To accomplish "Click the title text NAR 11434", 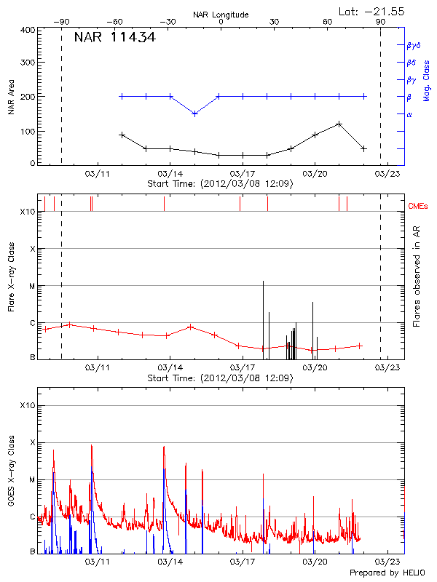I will click(114, 37).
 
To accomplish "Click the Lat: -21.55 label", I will click(372, 11).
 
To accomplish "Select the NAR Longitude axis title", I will click(221, 15).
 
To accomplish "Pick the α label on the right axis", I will click(409, 114).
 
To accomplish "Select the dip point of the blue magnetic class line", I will click(194, 113).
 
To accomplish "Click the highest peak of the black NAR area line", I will click(339, 124).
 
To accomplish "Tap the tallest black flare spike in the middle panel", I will click(263, 282).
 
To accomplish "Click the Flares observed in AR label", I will click(417, 276).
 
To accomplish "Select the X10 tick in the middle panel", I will click(28, 212).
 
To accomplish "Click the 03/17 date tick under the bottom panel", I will click(242, 562).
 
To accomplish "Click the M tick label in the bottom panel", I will click(32, 479).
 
